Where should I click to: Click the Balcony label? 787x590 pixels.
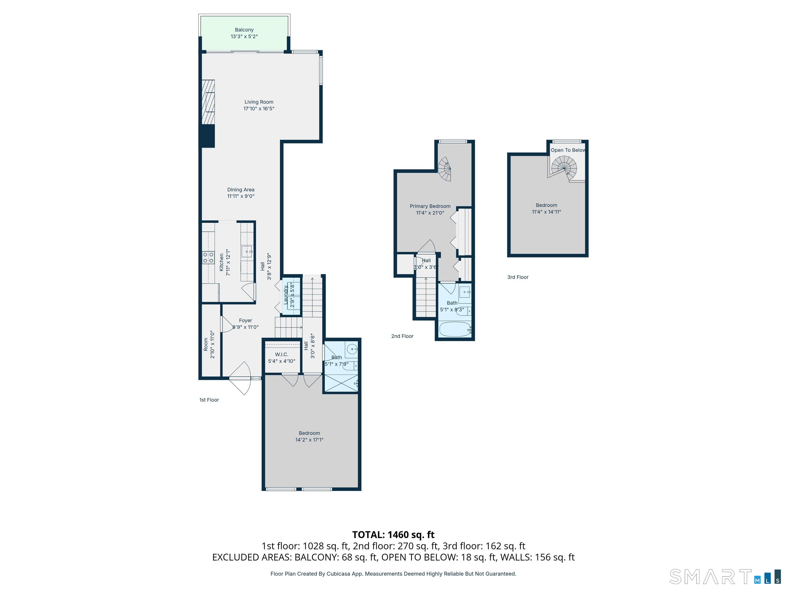click(x=244, y=30)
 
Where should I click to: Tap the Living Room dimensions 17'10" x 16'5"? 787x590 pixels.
click(x=259, y=109)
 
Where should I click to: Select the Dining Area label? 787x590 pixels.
click(x=241, y=189)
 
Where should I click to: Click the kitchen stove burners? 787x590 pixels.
click(x=208, y=257)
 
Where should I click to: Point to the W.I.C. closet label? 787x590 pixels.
click(x=282, y=355)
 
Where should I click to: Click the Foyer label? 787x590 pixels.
click(x=245, y=320)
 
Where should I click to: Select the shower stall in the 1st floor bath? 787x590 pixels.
click(x=341, y=382)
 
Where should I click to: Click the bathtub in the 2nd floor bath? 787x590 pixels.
click(x=455, y=329)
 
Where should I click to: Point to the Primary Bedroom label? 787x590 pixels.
click(x=430, y=206)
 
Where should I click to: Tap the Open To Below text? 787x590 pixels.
click(x=568, y=150)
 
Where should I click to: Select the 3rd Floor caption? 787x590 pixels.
click(x=518, y=277)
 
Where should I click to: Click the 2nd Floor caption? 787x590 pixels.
click(x=402, y=336)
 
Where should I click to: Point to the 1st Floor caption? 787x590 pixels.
click(x=209, y=400)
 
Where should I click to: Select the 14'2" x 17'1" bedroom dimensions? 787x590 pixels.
click(x=309, y=440)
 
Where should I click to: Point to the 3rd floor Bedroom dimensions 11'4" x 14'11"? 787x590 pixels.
click(x=546, y=212)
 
